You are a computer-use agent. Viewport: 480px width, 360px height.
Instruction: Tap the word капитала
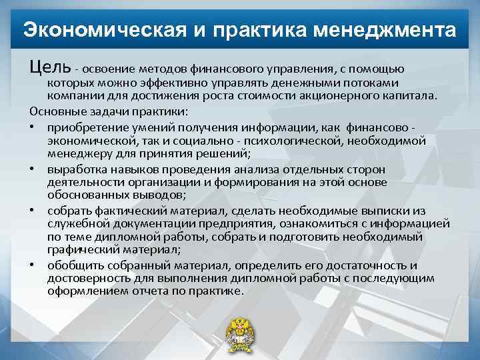(415, 95)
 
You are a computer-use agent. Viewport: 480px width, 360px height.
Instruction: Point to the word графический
(83, 249)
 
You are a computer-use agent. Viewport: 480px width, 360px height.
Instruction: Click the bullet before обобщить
(33, 266)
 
